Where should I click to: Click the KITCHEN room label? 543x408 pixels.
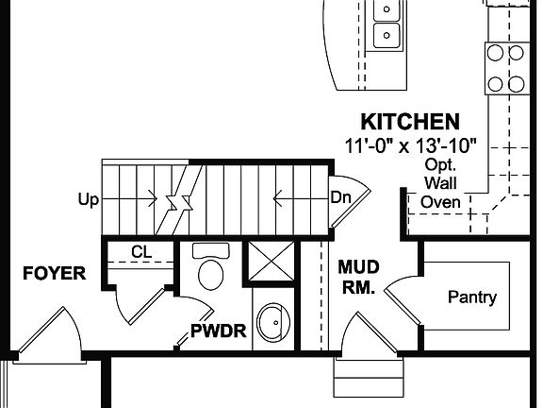tap(411, 122)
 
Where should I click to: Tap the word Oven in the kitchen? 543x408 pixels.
tap(440, 201)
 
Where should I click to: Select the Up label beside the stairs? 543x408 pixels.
tap(88, 199)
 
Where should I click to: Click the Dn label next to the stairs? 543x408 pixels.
tap(341, 197)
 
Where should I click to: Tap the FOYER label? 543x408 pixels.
tap(54, 275)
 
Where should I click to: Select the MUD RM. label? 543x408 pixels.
tap(357, 278)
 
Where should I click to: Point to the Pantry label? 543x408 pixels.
tap(471, 297)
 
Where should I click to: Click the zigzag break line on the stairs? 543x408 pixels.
tap(176, 200)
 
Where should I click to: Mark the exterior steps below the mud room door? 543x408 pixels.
tap(361, 382)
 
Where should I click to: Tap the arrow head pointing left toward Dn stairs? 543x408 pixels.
tap(277, 199)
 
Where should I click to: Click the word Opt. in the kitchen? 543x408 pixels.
tap(439, 163)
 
